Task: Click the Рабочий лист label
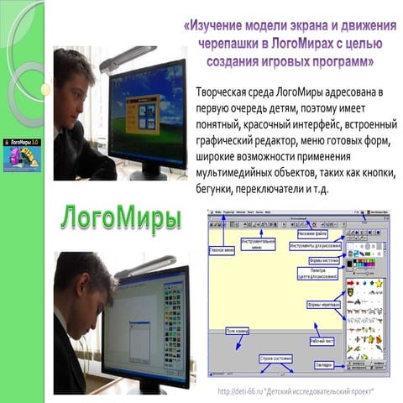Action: (x=321, y=341)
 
